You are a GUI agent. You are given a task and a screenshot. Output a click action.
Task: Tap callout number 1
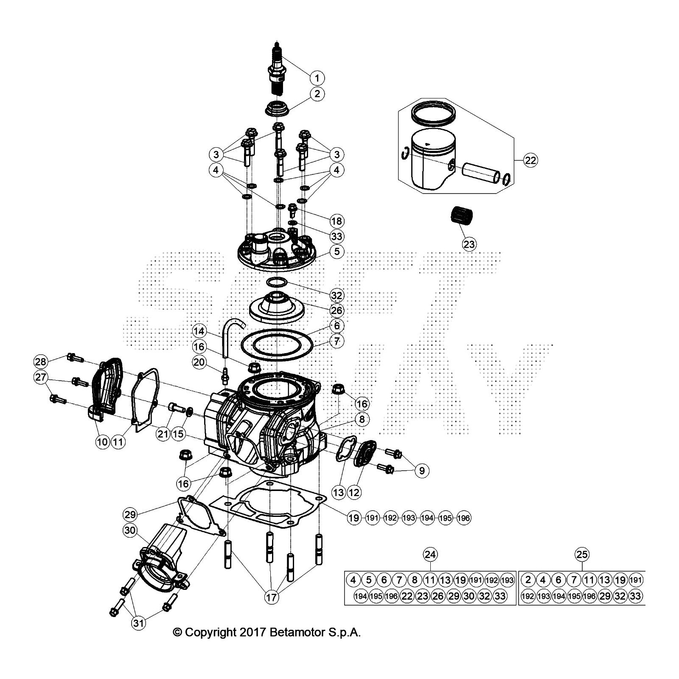point(317,78)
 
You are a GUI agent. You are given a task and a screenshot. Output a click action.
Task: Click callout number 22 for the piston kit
point(530,160)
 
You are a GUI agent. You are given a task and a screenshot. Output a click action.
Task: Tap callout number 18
point(337,221)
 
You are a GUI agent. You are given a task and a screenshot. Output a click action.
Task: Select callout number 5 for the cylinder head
point(337,252)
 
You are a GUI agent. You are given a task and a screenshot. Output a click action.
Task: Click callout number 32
point(337,295)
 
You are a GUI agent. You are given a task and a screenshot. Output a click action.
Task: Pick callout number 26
point(337,311)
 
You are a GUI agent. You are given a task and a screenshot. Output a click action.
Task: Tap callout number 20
point(199,362)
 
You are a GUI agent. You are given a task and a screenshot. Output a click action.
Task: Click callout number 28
point(41,362)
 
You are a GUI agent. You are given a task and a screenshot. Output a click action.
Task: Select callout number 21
point(163,434)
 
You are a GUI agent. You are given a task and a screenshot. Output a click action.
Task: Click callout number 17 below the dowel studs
point(272,598)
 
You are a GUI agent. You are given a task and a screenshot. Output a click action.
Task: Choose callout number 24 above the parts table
point(430,554)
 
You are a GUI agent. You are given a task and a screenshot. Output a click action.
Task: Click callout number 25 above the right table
point(582,554)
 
